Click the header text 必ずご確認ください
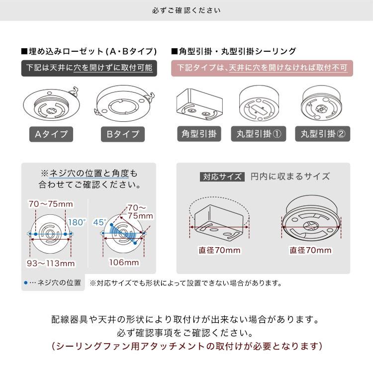186,10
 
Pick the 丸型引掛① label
257,134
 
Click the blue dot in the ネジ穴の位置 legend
26,283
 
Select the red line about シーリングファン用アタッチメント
187,346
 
